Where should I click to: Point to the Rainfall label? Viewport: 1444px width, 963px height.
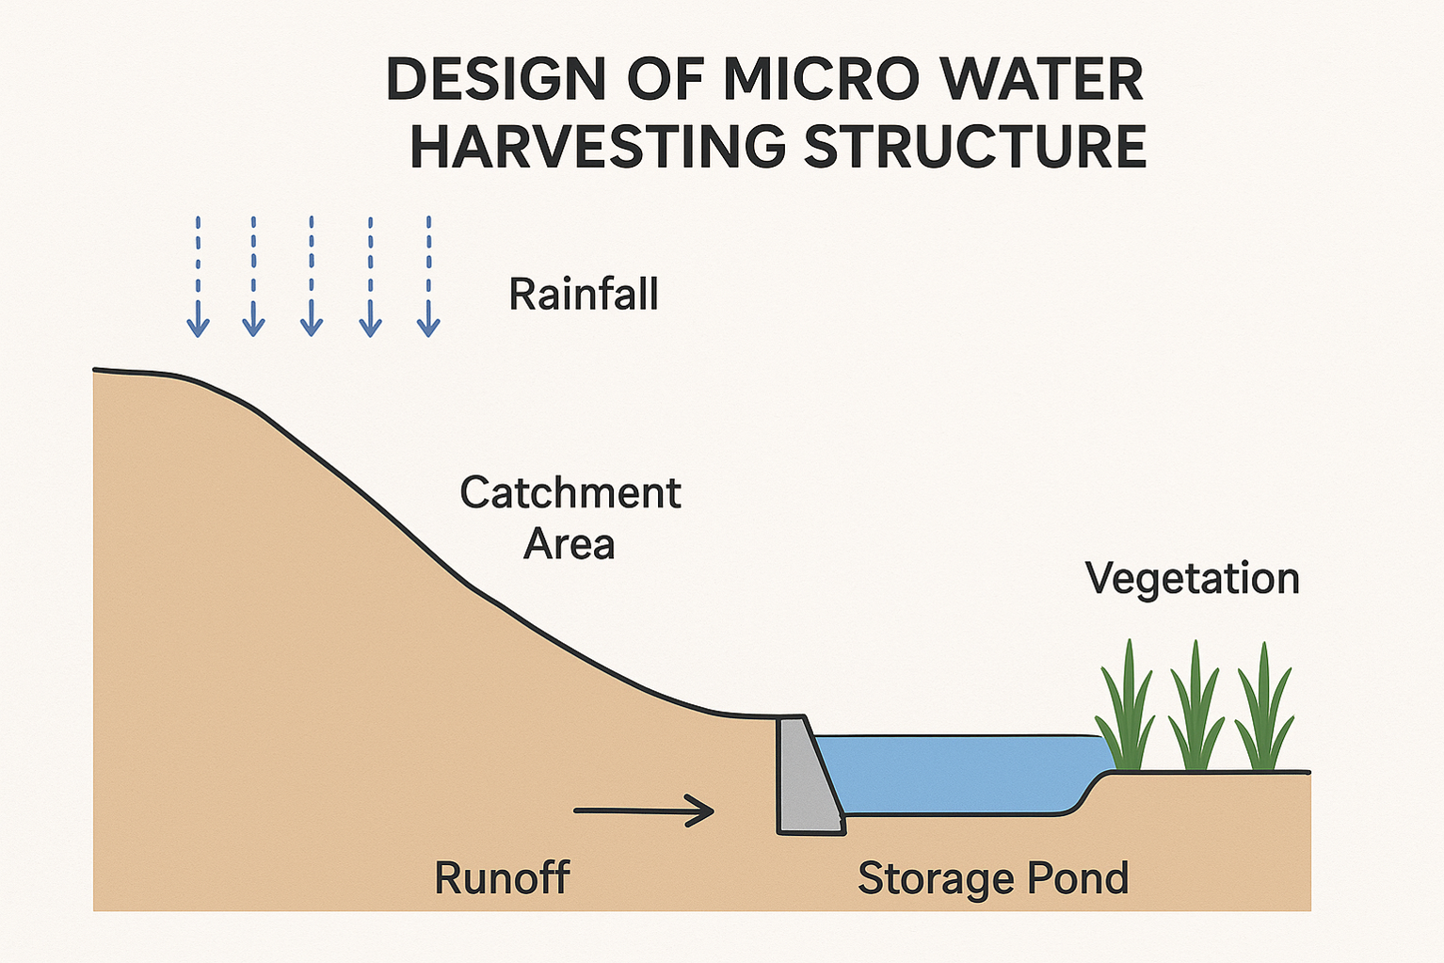584,294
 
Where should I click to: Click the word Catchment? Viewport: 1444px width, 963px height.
570,493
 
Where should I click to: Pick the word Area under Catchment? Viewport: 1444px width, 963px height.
570,544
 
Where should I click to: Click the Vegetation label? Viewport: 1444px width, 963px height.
1192,578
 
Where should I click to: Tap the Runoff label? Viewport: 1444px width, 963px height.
502,878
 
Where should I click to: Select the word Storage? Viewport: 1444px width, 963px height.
936,878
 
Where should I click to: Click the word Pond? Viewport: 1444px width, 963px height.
1078,878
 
